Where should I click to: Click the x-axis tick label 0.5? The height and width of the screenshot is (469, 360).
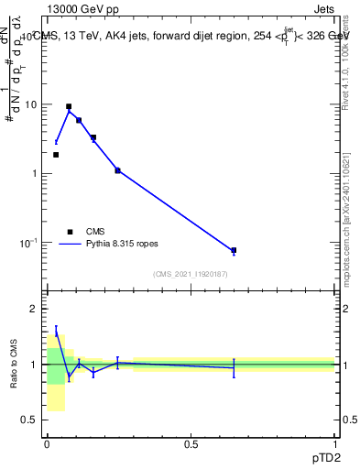click(191, 444)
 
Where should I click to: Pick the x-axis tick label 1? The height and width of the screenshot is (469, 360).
click(334, 444)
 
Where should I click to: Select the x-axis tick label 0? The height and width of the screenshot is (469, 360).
click(47, 444)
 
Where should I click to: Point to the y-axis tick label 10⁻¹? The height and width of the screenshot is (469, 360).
click(27, 243)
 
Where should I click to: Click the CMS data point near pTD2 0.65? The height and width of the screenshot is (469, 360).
click(234, 250)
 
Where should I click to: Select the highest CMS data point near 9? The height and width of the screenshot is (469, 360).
click(69, 106)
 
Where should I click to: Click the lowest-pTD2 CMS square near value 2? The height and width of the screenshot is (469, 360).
click(56, 155)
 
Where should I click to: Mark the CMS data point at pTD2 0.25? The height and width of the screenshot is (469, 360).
click(117, 170)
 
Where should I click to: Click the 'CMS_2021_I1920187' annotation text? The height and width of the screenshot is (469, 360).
click(190, 274)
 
